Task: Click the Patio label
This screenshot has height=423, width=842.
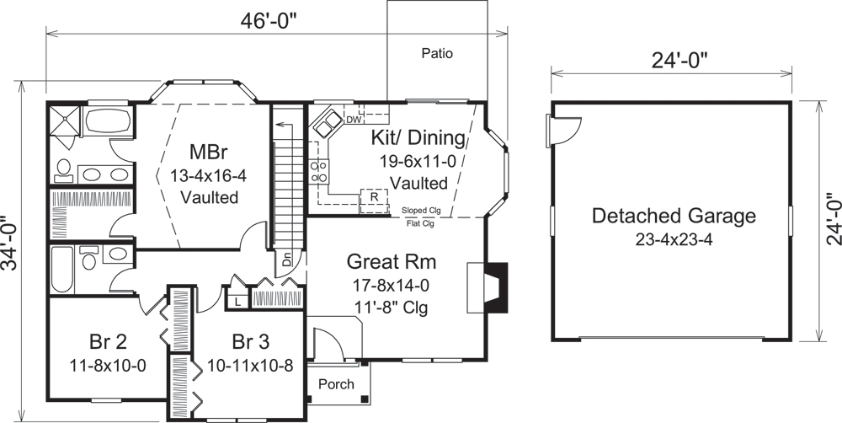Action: [437, 54]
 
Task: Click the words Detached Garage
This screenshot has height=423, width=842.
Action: [673, 216]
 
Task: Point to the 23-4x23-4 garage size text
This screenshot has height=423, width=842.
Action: [673, 239]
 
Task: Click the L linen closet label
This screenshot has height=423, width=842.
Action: [238, 300]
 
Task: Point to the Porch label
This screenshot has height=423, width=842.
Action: [337, 384]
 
